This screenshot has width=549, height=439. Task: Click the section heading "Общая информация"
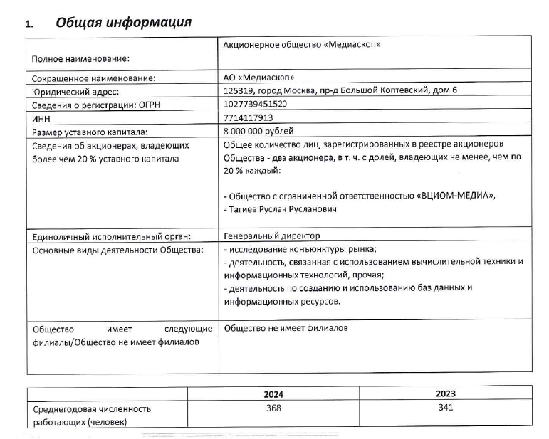(123, 22)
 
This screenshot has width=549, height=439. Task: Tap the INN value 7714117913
(249, 117)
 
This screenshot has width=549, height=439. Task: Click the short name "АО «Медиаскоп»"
(258, 77)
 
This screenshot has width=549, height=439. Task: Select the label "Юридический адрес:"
(75, 90)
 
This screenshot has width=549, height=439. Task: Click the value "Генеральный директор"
(271, 236)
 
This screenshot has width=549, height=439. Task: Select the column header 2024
(273, 393)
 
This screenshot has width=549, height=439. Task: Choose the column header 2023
(446, 393)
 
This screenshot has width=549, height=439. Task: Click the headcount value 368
(273, 408)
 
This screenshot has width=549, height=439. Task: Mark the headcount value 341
(446, 408)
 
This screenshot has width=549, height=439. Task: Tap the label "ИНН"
(43, 118)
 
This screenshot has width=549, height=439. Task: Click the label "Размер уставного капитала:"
(89, 132)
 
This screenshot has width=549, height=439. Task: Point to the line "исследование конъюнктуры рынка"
(302, 249)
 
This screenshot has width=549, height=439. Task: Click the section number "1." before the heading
(30, 23)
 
